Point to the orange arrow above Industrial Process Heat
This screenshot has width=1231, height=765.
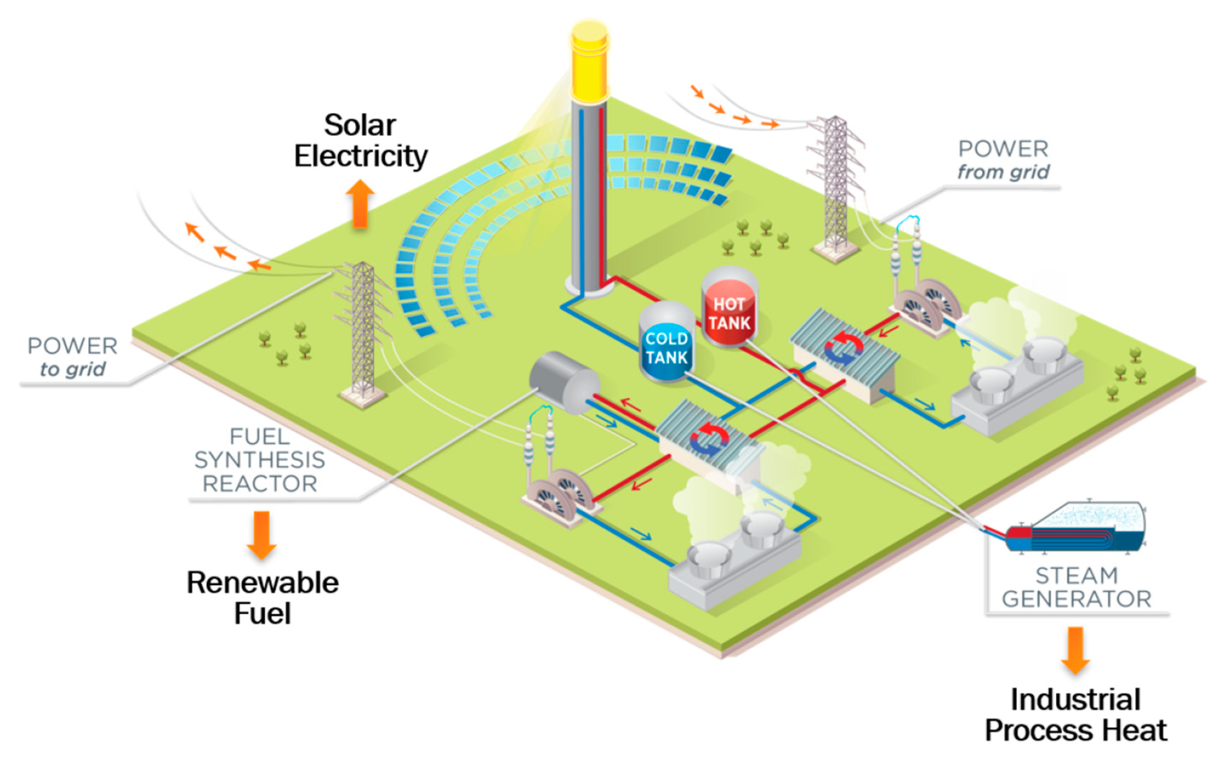(x=1075, y=650)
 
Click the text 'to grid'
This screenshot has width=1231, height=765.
(x=72, y=369)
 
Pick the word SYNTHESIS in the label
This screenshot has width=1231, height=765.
(x=260, y=460)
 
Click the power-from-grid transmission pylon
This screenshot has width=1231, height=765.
(x=835, y=187)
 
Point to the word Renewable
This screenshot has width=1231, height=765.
(x=262, y=582)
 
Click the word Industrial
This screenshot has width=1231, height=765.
(x=1075, y=700)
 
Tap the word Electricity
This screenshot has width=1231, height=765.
(x=361, y=156)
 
